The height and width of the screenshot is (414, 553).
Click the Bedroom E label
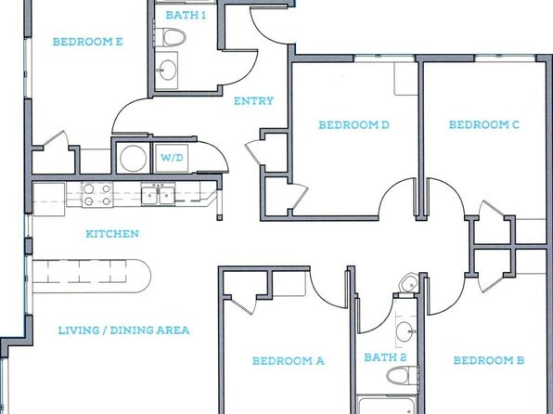click(x=88, y=42)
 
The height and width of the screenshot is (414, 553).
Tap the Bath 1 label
click(x=186, y=15)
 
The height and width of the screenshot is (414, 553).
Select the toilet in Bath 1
click(x=171, y=37)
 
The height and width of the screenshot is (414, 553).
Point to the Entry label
click(x=253, y=101)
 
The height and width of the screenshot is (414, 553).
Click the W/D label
click(x=172, y=158)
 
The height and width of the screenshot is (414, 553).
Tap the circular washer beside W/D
click(x=133, y=158)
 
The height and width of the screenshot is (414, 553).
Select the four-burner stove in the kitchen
click(x=97, y=195)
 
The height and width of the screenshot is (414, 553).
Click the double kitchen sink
click(x=158, y=194)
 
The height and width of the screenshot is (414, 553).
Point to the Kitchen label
click(x=112, y=234)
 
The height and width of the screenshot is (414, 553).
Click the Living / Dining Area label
click(x=123, y=330)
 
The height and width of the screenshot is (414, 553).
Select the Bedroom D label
click(x=354, y=125)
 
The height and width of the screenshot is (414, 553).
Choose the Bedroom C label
click(x=484, y=125)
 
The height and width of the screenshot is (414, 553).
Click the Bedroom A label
click(x=289, y=361)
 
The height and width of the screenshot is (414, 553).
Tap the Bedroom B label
click(x=488, y=360)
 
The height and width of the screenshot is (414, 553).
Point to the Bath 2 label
click(x=385, y=357)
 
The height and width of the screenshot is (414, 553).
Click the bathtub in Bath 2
click(x=387, y=405)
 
